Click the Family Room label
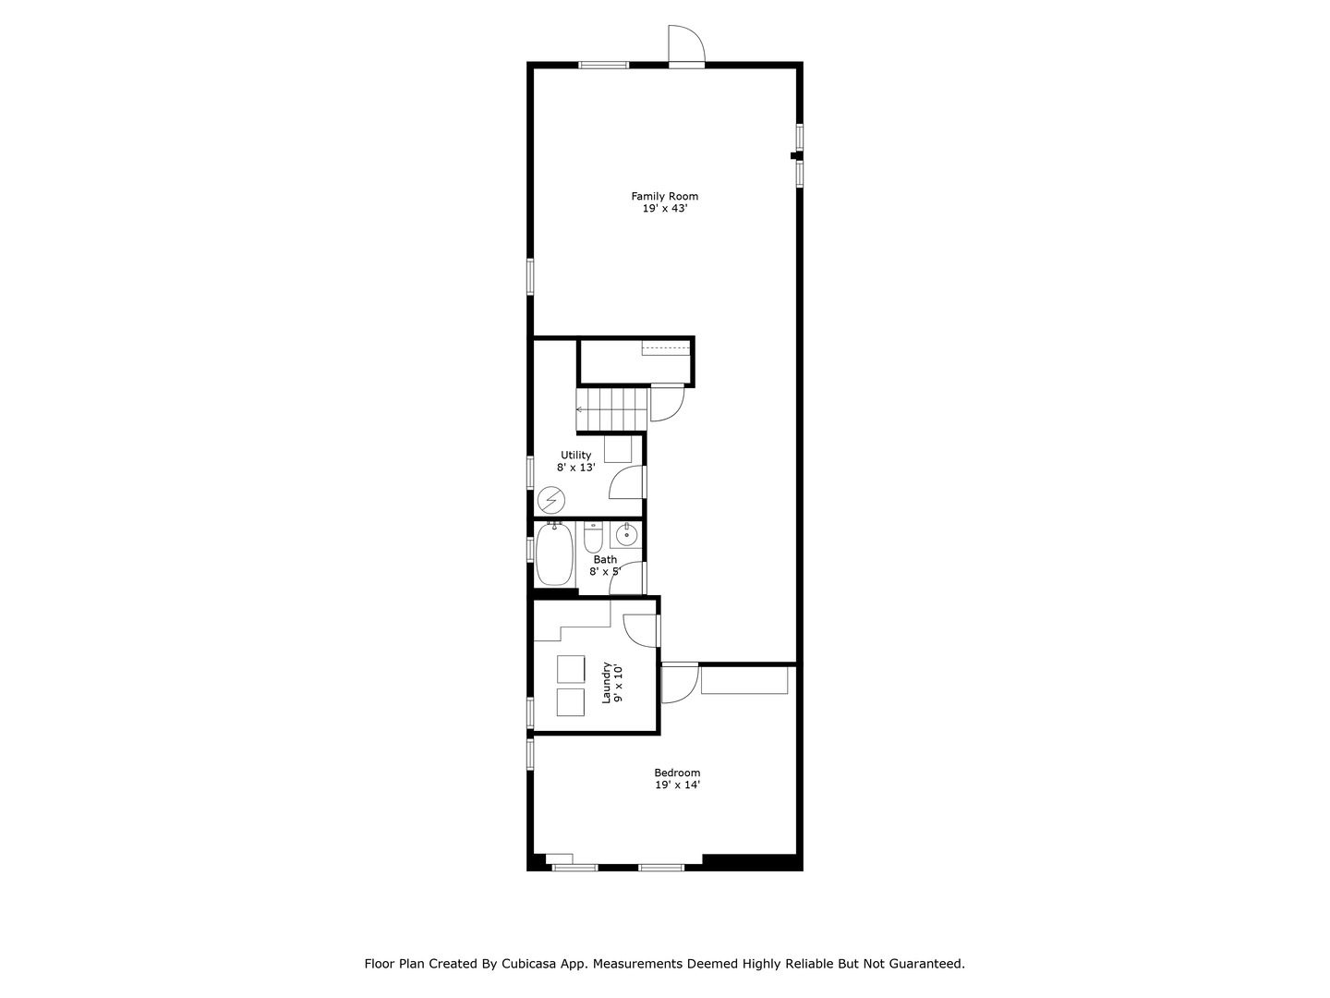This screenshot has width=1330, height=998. [x=664, y=196]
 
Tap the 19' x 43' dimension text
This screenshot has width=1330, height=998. [x=664, y=209]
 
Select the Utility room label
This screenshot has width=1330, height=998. [x=575, y=455]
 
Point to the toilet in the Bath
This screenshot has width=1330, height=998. [x=593, y=538]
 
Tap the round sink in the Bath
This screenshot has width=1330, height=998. [x=626, y=534]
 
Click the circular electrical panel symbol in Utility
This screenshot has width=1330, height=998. [x=551, y=501]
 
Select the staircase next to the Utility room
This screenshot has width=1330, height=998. [x=611, y=409]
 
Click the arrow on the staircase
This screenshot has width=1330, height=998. [x=581, y=408]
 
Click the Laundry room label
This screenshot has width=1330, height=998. [x=607, y=683]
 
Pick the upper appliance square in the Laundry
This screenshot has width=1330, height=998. [x=571, y=669]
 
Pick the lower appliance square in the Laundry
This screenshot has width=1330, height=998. [x=571, y=702]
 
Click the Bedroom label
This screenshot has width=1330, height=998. [x=677, y=773]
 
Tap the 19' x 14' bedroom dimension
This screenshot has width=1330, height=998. [x=677, y=785]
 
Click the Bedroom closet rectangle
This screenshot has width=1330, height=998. [x=744, y=679]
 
